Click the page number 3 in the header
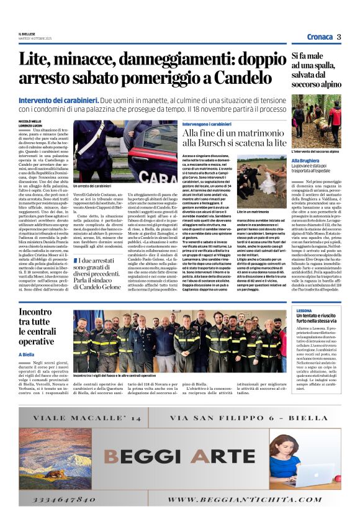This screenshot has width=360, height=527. [x=339, y=37]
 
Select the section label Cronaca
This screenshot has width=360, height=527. [x=319, y=37]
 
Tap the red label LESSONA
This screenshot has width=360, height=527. [x=305, y=309]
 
